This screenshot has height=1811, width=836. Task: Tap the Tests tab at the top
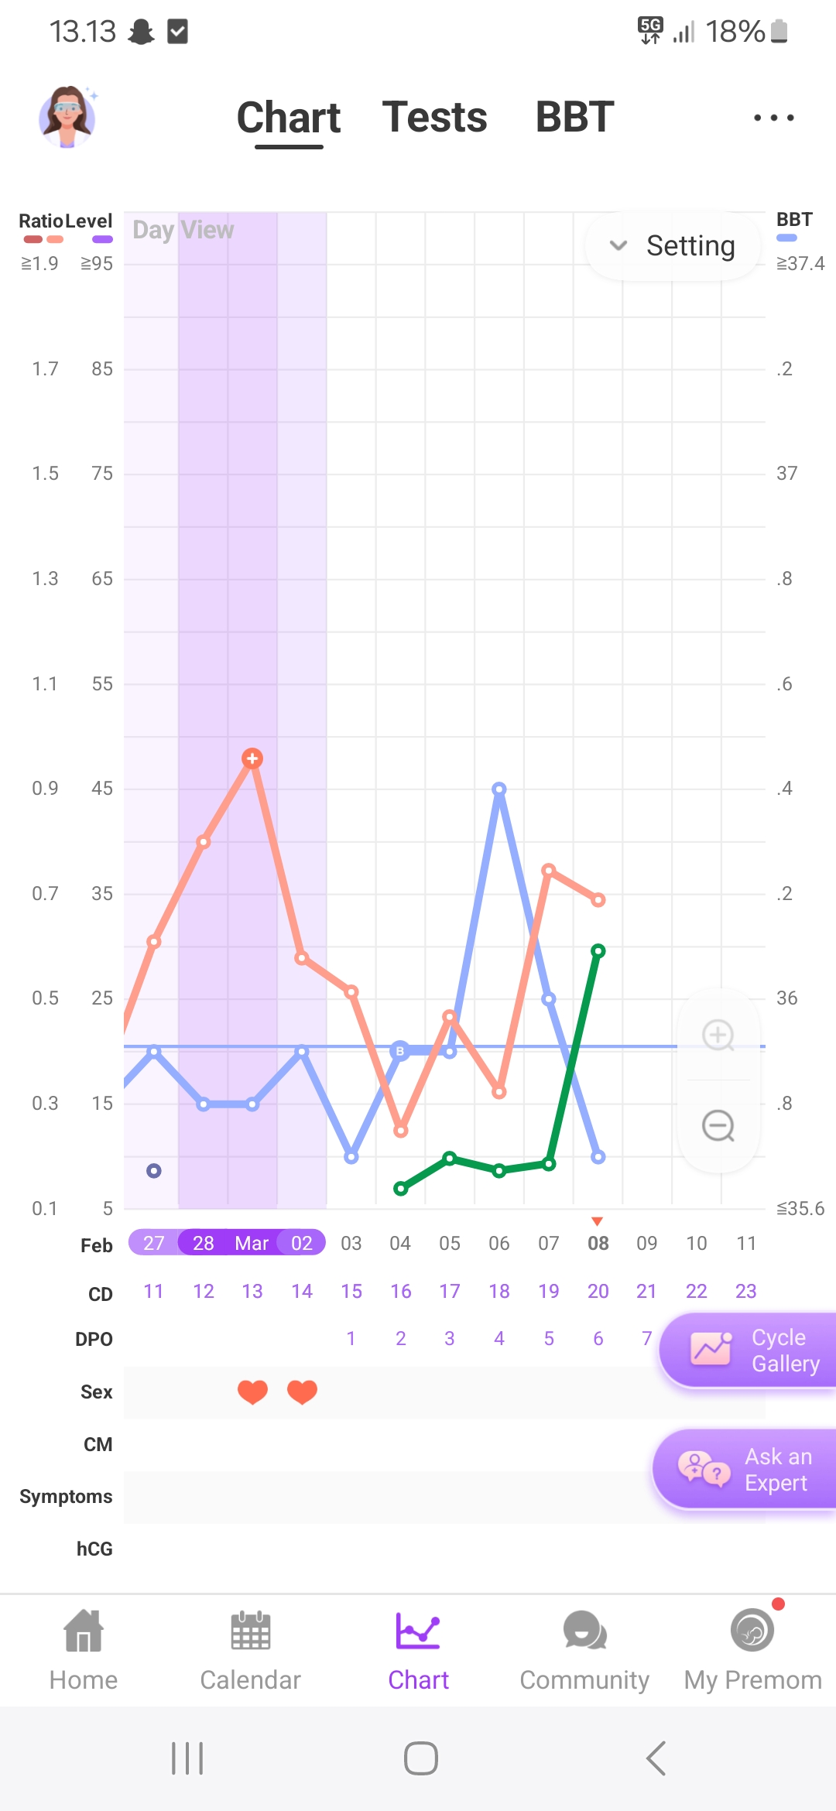(x=434, y=118)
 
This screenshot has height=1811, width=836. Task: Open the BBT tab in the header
(x=574, y=118)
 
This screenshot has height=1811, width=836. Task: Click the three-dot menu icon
(x=773, y=118)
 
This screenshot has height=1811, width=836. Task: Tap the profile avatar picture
(x=67, y=117)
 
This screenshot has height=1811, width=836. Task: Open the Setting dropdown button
(x=673, y=246)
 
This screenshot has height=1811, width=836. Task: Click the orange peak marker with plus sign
(x=252, y=758)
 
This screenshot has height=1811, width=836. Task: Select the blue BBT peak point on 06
(x=499, y=789)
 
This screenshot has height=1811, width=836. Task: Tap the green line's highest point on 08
(x=598, y=951)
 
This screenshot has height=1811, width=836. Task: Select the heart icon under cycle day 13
(x=252, y=1392)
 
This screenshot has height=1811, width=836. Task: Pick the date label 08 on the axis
(x=598, y=1243)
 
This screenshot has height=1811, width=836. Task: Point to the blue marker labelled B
(x=400, y=1051)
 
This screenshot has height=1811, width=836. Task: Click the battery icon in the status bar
(x=779, y=32)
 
